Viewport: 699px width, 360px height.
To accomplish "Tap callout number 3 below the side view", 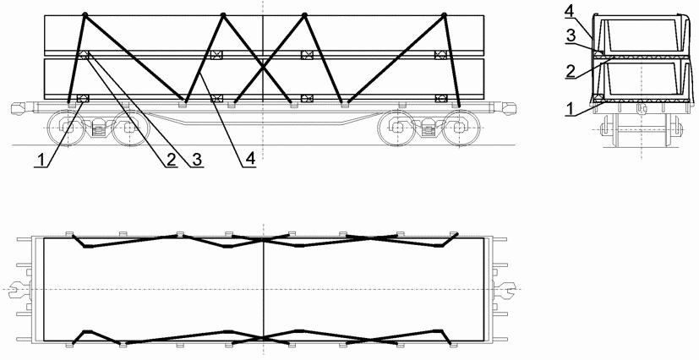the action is click(x=197, y=160).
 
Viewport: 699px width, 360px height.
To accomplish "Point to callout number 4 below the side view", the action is click(x=250, y=160).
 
